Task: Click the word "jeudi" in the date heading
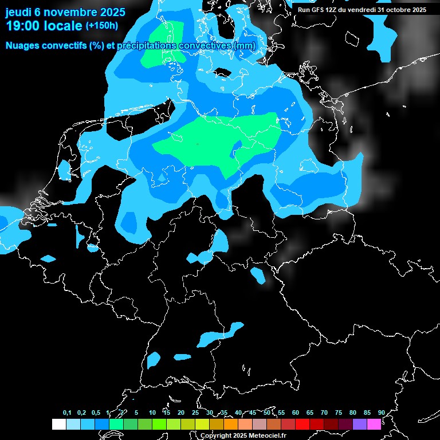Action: coord(19,12)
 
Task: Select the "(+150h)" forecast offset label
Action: coord(101,26)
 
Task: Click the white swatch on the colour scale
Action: coord(58,425)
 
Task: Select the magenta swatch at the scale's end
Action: coord(374,425)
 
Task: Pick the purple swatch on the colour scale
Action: coord(360,425)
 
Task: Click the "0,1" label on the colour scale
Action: coord(67,413)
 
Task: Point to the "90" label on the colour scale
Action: coord(382,413)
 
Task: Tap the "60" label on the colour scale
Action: coord(296,413)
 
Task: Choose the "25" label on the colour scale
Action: coord(195,413)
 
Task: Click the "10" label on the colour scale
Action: coord(152,413)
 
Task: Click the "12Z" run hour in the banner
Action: coord(338,10)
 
